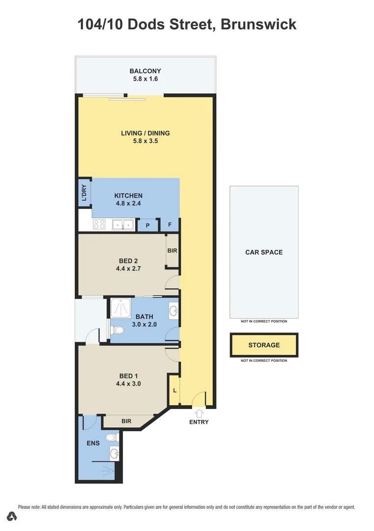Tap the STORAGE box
click(x=264, y=345)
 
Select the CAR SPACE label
click(x=264, y=252)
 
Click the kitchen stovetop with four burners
click(x=99, y=225)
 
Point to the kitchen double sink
click(x=123, y=225)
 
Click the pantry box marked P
click(x=147, y=226)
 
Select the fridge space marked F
click(x=170, y=225)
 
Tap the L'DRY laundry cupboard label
click(x=85, y=192)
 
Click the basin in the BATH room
click(x=174, y=311)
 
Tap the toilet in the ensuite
click(x=111, y=437)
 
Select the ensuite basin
click(x=114, y=453)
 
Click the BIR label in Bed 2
click(x=172, y=251)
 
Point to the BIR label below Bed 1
click(x=126, y=421)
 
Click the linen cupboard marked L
click(x=174, y=390)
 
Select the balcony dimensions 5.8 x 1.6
click(x=145, y=79)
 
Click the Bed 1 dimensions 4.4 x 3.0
click(x=128, y=384)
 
